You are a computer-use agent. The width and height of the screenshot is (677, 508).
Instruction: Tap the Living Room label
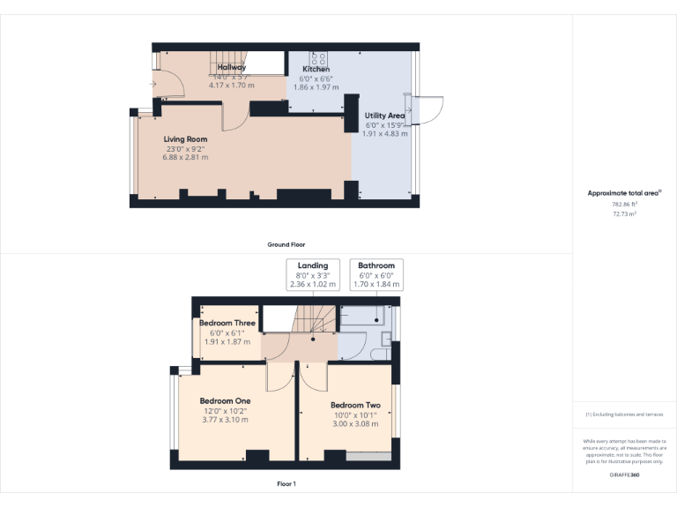(185, 139)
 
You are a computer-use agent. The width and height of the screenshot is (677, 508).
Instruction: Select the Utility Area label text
(384, 116)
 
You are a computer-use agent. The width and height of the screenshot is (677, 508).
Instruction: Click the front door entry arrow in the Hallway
(154, 85)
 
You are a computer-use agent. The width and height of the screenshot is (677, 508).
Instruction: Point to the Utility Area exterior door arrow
(408, 110)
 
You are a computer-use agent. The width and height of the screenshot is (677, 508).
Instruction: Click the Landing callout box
(313, 274)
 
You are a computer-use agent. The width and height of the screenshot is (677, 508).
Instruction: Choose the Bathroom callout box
(376, 274)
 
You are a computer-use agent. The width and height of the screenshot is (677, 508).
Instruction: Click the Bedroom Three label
(227, 323)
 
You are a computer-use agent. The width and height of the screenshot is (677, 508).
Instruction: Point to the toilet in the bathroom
(383, 354)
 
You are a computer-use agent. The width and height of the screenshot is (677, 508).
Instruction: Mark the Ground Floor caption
(286, 244)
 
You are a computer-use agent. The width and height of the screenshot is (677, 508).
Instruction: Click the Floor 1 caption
(286, 484)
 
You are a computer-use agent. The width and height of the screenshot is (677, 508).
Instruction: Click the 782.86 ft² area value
(624, 204)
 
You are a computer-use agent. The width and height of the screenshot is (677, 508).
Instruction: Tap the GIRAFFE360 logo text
(624, 475)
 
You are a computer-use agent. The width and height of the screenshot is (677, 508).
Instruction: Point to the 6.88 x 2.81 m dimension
(185, 158)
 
